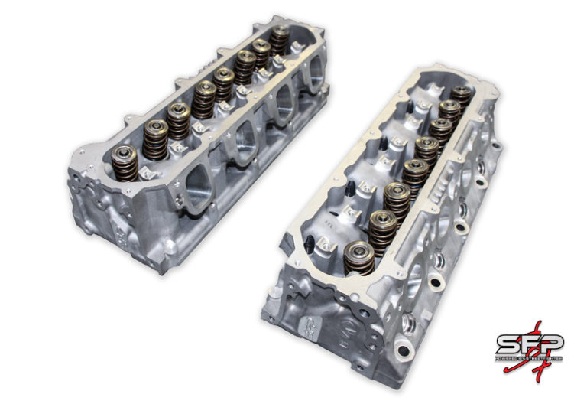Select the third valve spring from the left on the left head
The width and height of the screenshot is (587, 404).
[177, 120]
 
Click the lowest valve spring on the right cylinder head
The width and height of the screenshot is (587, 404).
[359, 258]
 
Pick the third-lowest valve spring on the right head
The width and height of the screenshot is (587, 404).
[395, 198]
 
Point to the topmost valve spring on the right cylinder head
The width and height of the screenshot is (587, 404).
[461, 96]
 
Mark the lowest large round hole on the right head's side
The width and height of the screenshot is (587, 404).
[435, 285]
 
